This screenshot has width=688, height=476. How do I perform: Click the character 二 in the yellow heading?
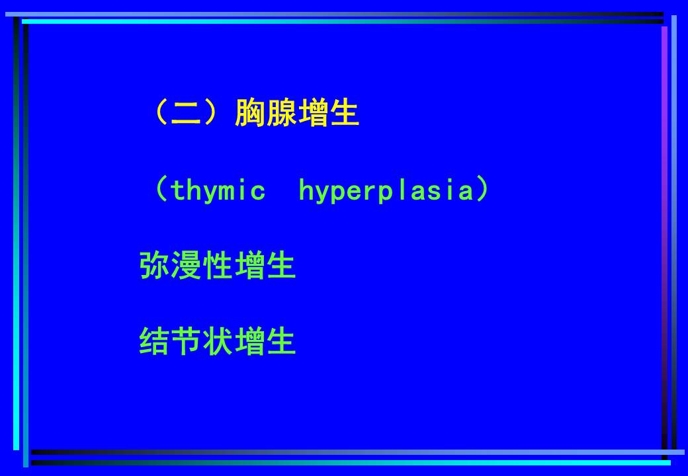(187, 113)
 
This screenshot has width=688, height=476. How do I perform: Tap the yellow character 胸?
(250, 113)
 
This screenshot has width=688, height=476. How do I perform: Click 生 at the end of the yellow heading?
(345, 113)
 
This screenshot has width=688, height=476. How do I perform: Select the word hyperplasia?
(386, 192)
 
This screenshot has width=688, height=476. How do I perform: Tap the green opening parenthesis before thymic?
(161, 189)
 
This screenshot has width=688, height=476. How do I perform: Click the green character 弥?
(154, 265)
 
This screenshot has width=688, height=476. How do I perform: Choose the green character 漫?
(186, 265)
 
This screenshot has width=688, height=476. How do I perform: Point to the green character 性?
(218, 265)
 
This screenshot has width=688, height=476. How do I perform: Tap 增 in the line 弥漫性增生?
(249, 265)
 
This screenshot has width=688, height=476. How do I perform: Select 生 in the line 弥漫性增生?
(281, 265)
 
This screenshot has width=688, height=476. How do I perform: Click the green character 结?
(154, 341)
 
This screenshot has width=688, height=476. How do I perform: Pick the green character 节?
(186, 341)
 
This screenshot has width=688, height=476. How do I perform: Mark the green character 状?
(218, 341)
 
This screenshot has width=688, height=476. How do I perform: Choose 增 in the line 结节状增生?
(249, 341)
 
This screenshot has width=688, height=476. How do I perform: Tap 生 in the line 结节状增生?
(281, 341)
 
